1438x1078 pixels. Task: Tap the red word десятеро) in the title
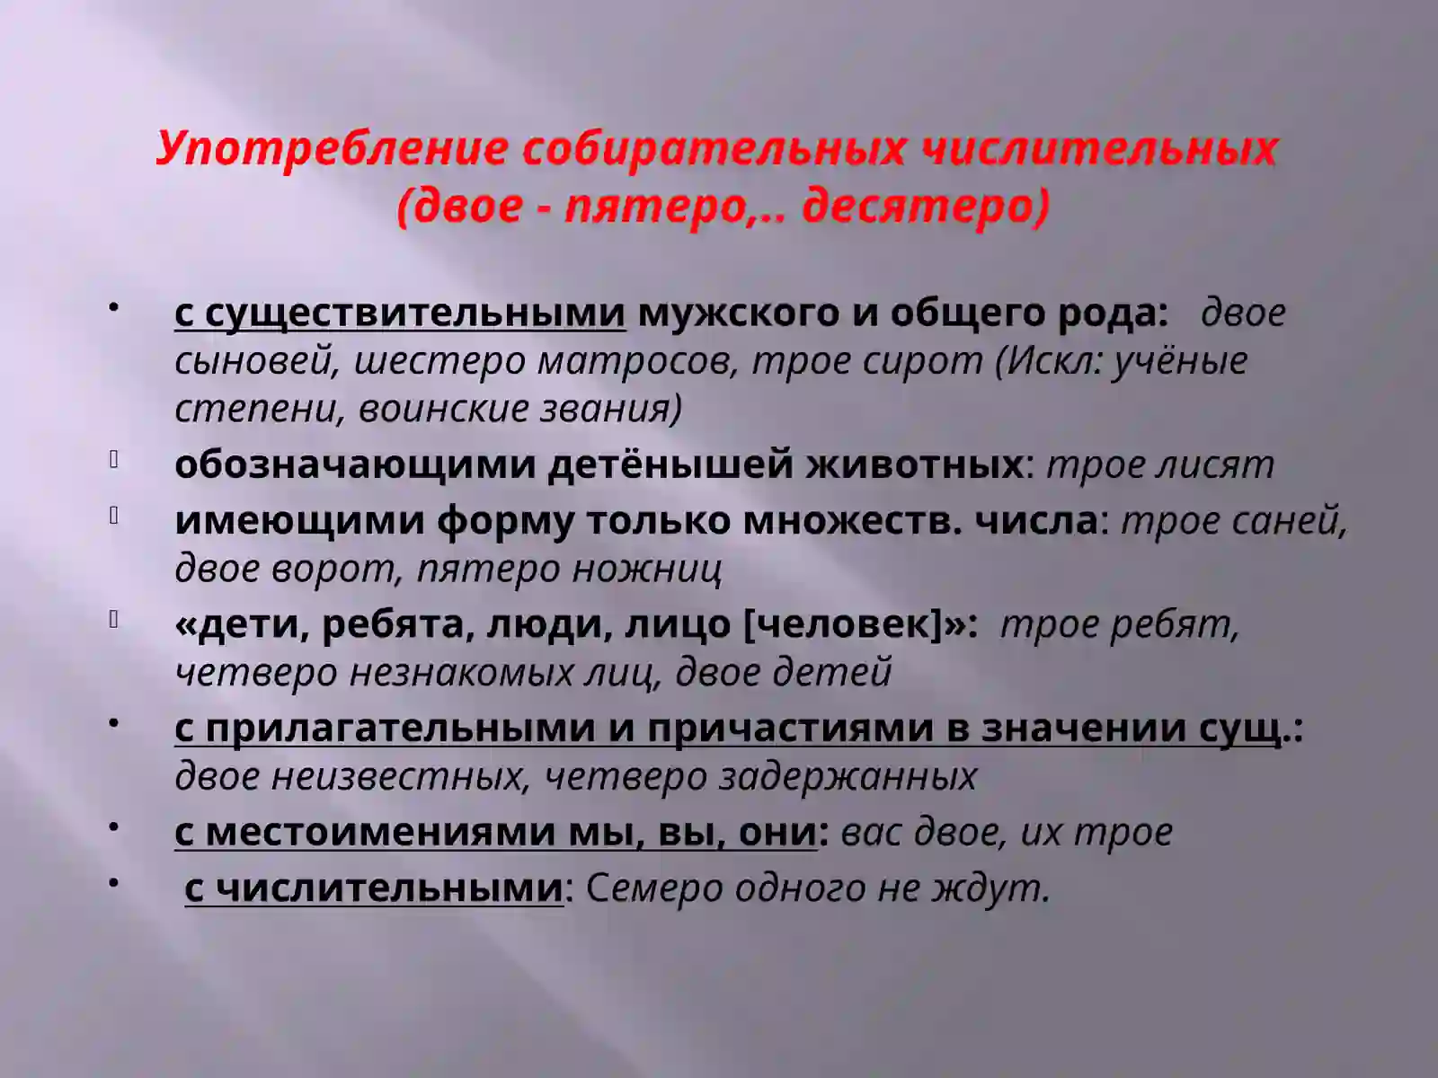(926, 206)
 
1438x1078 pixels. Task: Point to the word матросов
(639, 360)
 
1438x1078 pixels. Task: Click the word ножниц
(659, 569)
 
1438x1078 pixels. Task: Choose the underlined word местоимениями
(384, 832)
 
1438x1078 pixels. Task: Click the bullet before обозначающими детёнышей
(114, 461)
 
